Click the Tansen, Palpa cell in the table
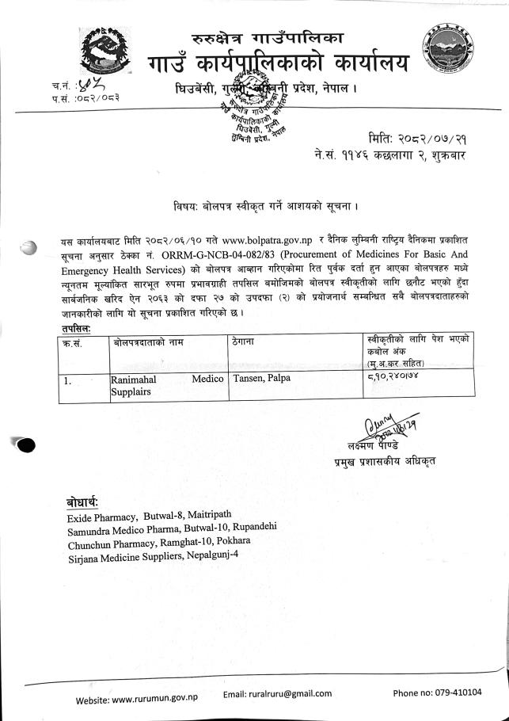point(262,378)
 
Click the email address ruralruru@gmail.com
point(277,693)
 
